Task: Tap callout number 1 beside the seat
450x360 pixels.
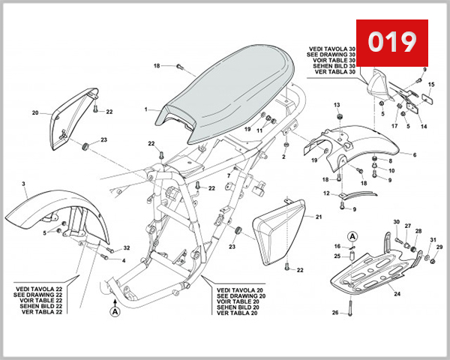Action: click(x=146, y=109)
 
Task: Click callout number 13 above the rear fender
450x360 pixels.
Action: click(x=337, y=104)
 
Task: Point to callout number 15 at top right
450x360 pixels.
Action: click(x=430, y=85)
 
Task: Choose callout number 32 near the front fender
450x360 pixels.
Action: click(x=126, y=247)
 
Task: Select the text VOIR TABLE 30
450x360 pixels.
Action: click(x=335, y=60)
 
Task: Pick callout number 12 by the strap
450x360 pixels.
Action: click(x=325, y=193)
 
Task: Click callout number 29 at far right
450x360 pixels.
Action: click(x=440, y=247)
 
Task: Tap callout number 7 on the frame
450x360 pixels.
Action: click(x=229, y=175)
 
